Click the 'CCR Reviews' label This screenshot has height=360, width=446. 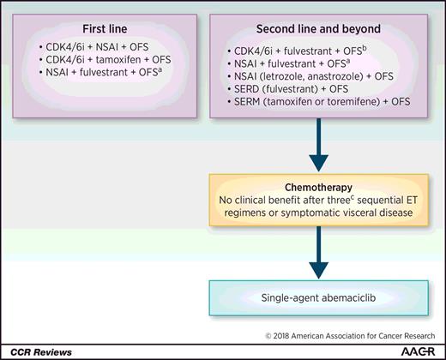click(x=37, y=351)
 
